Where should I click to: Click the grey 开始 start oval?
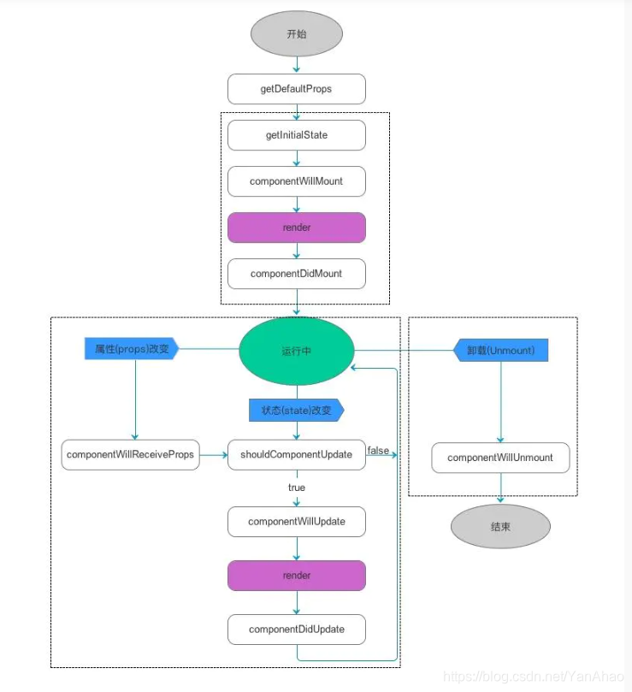click(296, 34)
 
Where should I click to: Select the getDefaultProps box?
click(296, 89)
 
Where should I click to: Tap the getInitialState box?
click(296, 135)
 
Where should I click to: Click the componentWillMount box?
click(296, 181)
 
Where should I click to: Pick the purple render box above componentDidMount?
click(296, 228)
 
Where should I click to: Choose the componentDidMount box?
click(296, 274)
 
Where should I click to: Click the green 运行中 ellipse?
click(296, 351)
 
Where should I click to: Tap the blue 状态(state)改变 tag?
click(295, 410)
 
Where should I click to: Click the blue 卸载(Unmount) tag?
click(500, 350)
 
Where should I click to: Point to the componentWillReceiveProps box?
click(131, 454)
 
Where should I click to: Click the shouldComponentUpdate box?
click(296, 454)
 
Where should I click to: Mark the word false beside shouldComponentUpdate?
click(379, 450)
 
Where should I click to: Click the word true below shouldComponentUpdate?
click(296, 488)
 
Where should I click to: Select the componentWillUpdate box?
click(296, 521)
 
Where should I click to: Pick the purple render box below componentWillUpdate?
click(296, 576)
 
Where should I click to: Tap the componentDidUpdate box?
click(296, 630)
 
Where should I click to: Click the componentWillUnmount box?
click(500, 458)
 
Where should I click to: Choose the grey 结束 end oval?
click(500, 527)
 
